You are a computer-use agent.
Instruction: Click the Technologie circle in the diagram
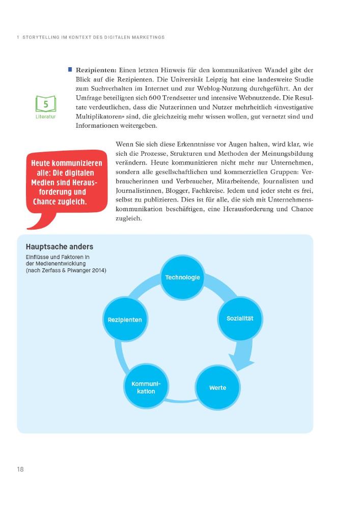[182, 277]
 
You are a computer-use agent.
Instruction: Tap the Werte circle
[217, 388]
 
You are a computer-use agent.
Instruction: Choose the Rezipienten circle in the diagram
[125, 320]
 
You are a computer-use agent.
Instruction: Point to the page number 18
[20, 469]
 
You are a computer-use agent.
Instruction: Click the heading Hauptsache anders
[59, 247]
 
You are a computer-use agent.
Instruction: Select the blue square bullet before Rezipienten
[70, 69]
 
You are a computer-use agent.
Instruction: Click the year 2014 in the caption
[98, 270]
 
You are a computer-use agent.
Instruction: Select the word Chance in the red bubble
[45, 202]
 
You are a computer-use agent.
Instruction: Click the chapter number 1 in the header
[17, 37]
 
